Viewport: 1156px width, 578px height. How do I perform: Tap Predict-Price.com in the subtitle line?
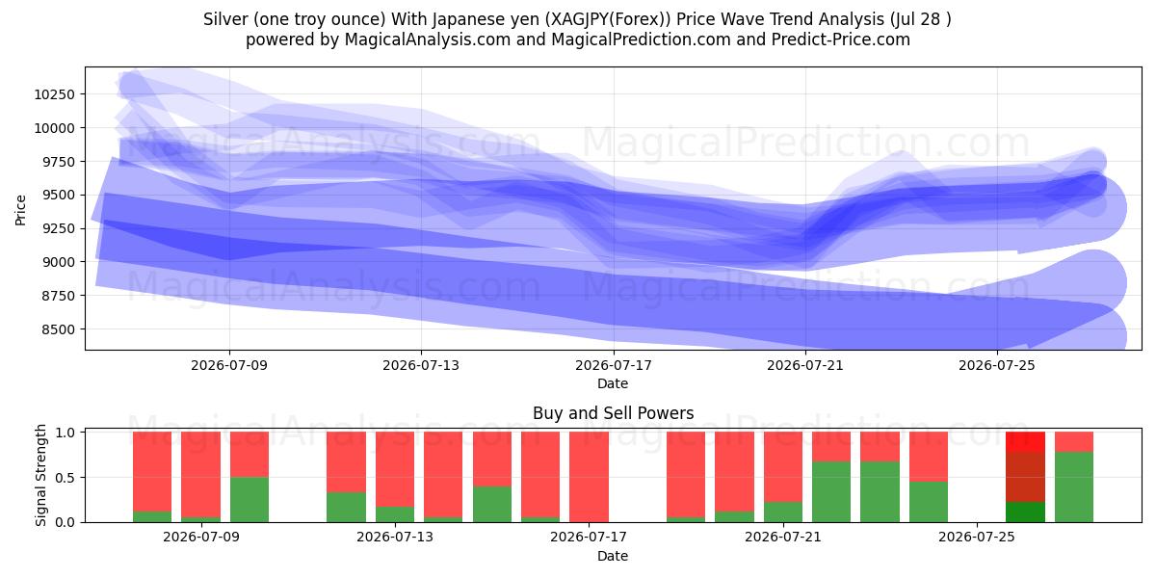tap(841, 39)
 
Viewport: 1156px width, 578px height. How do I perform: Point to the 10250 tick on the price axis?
tap(55, 94)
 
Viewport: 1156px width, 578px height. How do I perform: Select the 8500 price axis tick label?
tap(59, 329)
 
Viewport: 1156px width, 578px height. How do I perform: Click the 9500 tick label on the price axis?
tap(59, 195)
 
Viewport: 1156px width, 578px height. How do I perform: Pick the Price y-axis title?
tap(20, 210)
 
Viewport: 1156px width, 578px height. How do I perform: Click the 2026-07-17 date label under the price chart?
tap(614, 365)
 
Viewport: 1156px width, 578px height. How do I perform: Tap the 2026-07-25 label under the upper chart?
tap(997, 365)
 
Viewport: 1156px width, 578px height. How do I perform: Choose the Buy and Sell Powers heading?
tap(613, 413)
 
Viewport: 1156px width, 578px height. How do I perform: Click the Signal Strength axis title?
tap(40, 475)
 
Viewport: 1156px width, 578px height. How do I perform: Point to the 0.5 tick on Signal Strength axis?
tap(65, 478)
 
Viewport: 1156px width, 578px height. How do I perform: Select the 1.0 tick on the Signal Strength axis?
tap(65, 433)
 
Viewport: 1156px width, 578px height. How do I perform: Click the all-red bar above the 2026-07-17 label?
tap(589, 477)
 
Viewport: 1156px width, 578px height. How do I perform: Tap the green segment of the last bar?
tap(1074, 486)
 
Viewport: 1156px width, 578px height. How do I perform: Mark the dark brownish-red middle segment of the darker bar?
tap(1025, 477)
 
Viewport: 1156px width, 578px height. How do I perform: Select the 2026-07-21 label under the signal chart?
tap(783, 538)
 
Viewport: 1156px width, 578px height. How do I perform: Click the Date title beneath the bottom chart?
tap(613, 556)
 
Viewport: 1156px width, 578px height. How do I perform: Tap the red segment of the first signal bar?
tap(152, 472)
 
